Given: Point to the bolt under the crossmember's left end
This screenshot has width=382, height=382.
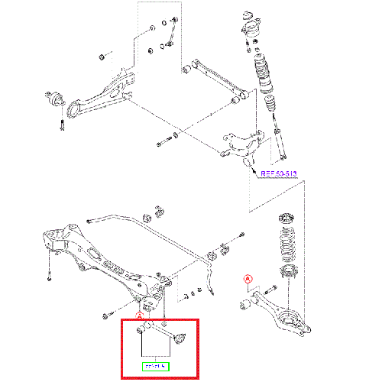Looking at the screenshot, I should (x=48, y=276).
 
